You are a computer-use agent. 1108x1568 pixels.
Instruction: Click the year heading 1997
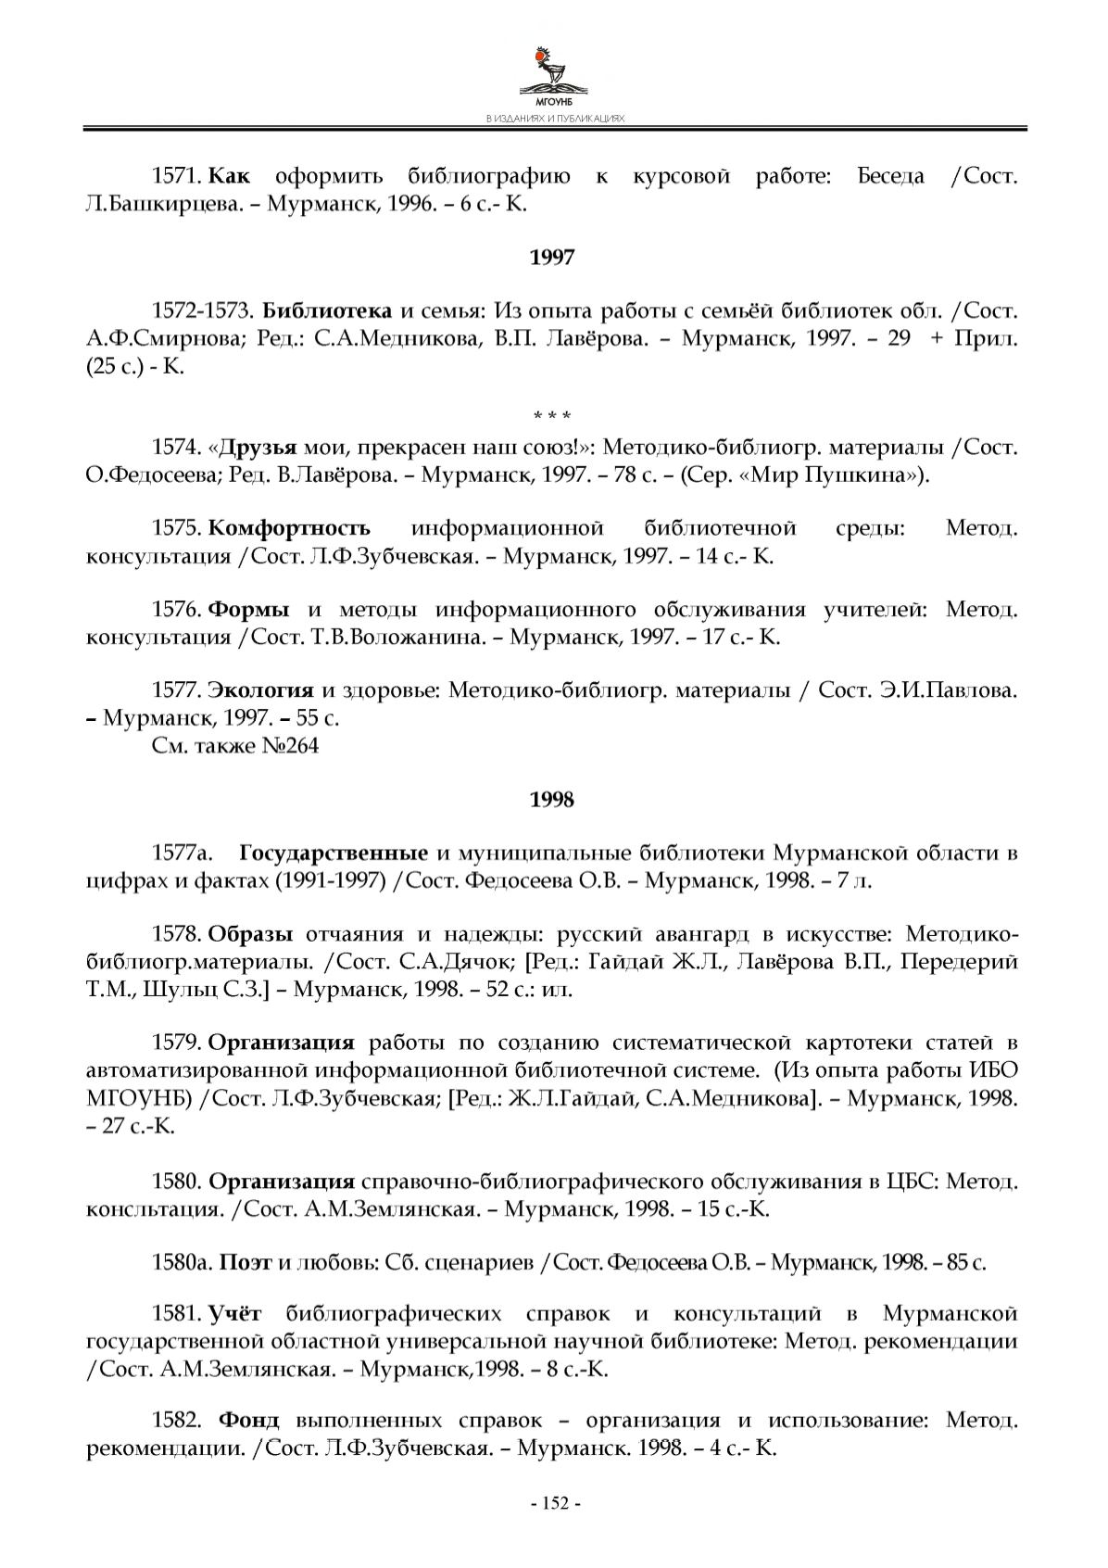pos(552,258)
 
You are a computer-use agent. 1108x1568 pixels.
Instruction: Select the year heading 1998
pos(552,800)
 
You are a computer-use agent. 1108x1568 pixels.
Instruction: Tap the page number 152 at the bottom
pos(554,1503)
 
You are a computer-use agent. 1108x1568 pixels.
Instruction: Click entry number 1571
pos(177,176)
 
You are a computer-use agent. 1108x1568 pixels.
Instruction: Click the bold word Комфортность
pos(289,529)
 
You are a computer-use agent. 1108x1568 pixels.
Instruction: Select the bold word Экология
pos(261,691)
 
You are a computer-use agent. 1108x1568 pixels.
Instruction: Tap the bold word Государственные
pos(334,854)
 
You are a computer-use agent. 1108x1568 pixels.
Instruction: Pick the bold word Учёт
pos(235,1314)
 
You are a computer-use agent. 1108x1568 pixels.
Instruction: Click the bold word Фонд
pos(249,1421)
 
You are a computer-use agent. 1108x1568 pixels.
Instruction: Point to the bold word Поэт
pos(246,1262)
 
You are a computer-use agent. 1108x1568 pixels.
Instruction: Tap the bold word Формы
pos(249,611)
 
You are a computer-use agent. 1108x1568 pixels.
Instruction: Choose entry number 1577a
pos(183,854)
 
